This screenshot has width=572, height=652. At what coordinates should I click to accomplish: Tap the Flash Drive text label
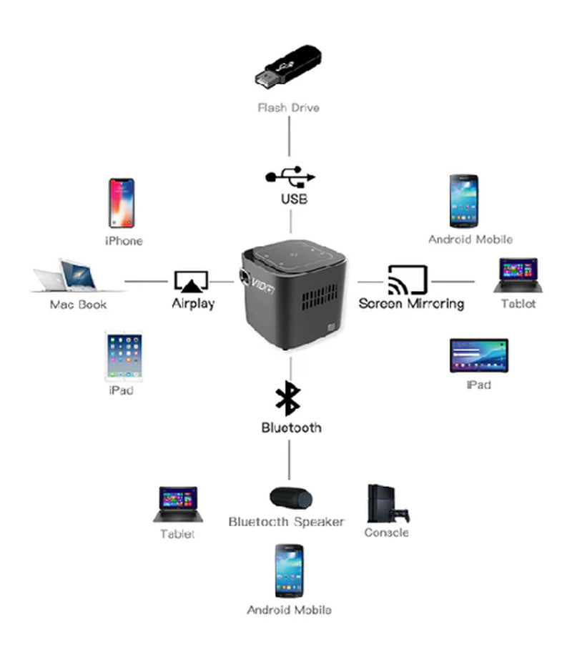[288, 108]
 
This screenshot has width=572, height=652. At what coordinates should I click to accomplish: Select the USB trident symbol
[290, 177]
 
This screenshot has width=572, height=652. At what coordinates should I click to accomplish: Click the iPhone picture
[122, 203]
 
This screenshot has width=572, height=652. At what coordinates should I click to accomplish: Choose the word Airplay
[193, 303]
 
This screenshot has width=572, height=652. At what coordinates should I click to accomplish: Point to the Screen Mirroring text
[411, 303]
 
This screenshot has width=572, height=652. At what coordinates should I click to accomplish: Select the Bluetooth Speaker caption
[286, 522]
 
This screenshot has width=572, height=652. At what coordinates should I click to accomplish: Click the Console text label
[386, 533]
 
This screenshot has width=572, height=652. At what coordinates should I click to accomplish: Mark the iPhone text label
[124, 241]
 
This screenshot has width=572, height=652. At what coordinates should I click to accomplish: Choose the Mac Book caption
[78, 305]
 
